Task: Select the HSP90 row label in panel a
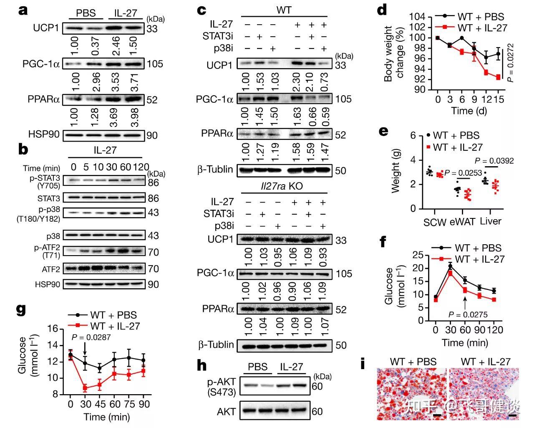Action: [43, 135]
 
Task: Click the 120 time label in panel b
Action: [141, 167]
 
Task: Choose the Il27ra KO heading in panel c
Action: [284, 187]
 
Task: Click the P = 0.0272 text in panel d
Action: [511, 63]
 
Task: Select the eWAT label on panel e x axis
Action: [462, 222]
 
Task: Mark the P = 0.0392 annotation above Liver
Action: [495, 161]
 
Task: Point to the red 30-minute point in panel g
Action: [85, 388]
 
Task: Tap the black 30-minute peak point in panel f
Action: [450, 266]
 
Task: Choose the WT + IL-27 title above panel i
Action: [485, 362]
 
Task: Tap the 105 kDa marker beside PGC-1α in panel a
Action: [155, 64]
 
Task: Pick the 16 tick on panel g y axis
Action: [53, 329]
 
